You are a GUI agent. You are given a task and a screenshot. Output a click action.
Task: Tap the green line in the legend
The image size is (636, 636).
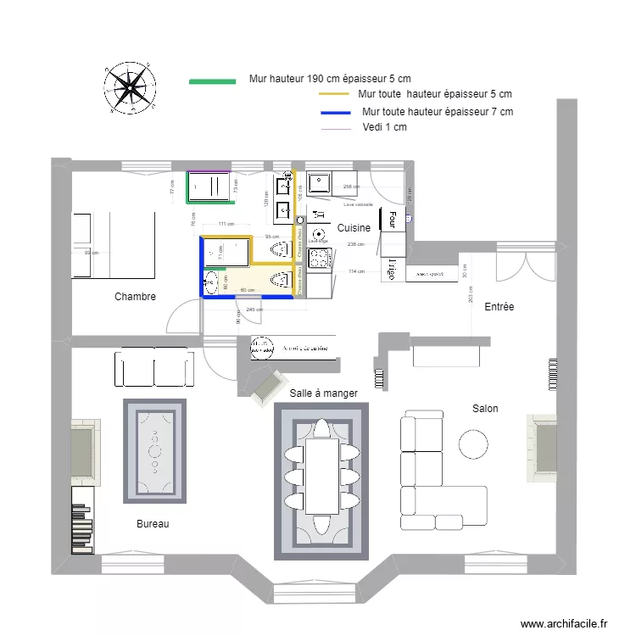[211, 81]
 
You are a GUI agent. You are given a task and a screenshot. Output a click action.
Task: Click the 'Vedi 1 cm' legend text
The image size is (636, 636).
[383, 127]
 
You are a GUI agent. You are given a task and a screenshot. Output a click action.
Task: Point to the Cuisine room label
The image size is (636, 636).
[354, 228]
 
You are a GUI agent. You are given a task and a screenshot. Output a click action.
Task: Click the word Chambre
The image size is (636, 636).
[135, 298]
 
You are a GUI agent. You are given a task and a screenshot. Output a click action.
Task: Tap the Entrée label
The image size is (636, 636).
[499, 307]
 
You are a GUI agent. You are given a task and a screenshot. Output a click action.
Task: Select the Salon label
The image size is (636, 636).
[485, 409]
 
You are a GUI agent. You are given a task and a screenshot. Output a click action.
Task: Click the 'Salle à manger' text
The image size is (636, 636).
[323, 393]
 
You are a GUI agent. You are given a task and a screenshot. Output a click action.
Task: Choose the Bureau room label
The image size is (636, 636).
[153, 524]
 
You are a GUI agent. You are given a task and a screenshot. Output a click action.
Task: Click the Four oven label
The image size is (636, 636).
[393, 220]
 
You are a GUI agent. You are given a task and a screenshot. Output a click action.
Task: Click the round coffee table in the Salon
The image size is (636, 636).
[472, 444]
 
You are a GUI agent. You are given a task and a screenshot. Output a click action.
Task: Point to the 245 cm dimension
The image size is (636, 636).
[252, 309]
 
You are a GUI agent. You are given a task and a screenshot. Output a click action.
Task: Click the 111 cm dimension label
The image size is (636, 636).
[226, 224]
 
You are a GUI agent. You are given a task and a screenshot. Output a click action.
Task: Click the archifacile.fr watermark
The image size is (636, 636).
[564, 623]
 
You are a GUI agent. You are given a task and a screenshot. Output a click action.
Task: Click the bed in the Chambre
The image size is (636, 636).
[113, 245]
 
